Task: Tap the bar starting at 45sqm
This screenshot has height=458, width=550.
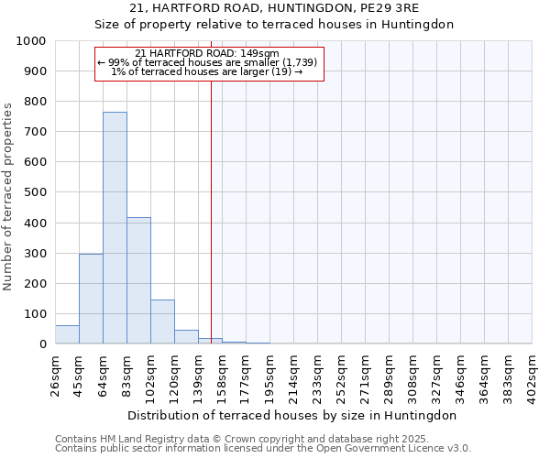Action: tap(91, 299)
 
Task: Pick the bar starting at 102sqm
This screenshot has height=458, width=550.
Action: tap(162, 322)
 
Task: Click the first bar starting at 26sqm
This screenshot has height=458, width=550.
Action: tap(67, 334)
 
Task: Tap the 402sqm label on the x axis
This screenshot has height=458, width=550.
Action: tap(532, 374)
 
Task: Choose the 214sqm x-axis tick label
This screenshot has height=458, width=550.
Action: tap(293, 374)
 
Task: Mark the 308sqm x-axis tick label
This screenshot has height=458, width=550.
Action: tap(412, 374)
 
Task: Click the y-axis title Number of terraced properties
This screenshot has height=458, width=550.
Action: tap(8, 197)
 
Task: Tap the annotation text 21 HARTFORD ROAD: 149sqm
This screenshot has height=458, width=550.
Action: tap(206, 53)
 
